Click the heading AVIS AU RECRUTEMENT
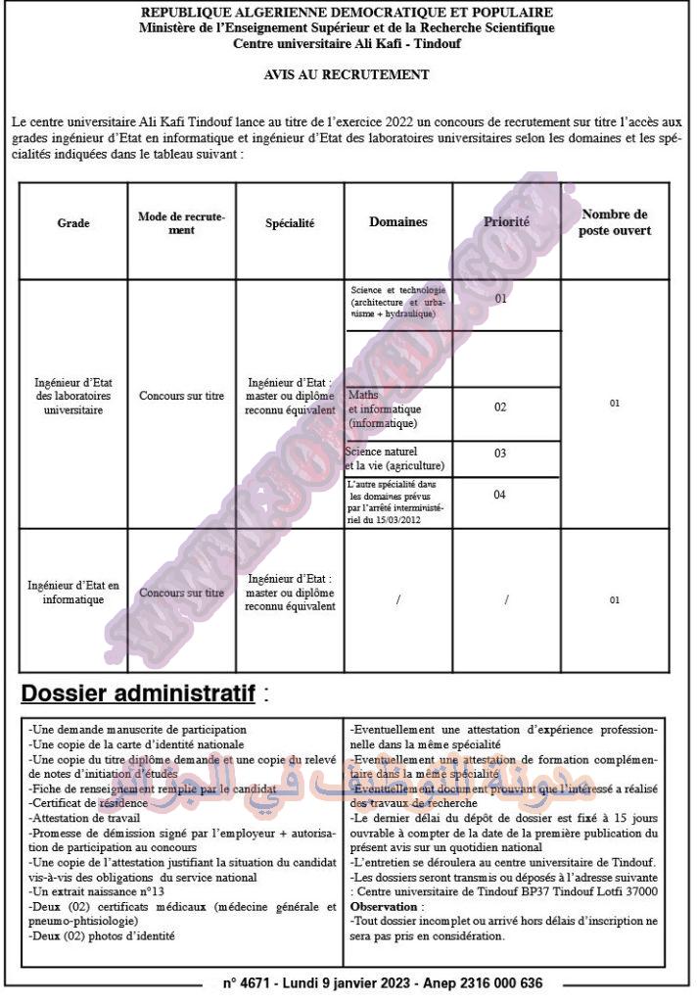[347, 74]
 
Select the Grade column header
[73, 223]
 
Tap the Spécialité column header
[290, 223]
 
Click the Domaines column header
[397, 222]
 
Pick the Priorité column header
[506, 222]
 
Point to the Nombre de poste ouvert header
[615, 222]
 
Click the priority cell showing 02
[500, 406]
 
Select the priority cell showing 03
[500, 454]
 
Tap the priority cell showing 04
[500, 495]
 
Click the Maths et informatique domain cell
[385, 408]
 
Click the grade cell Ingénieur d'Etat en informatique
[73, 593]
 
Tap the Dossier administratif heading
[138, 694]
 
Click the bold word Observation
[384, 907]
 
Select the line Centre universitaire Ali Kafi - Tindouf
[347, 44]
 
